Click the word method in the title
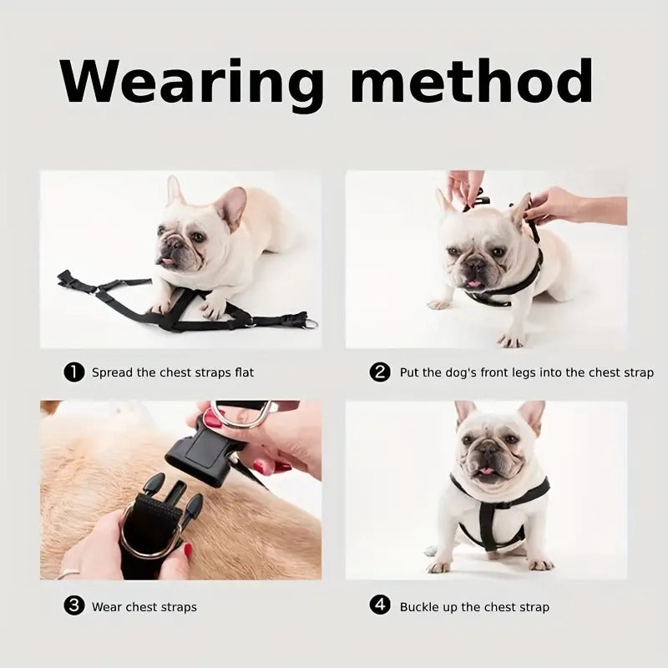pos(472,80)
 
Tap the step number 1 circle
pos(73,372)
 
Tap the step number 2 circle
pos(380,372)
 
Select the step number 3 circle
pos(73,605)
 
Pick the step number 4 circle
pos(380,605)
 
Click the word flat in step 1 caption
pos(244,372)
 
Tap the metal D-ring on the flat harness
pos(311,323)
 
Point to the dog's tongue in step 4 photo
pos(486,470)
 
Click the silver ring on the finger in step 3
pos(69,573)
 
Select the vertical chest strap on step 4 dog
pos(486,520)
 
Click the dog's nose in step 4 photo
pos(487,448)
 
